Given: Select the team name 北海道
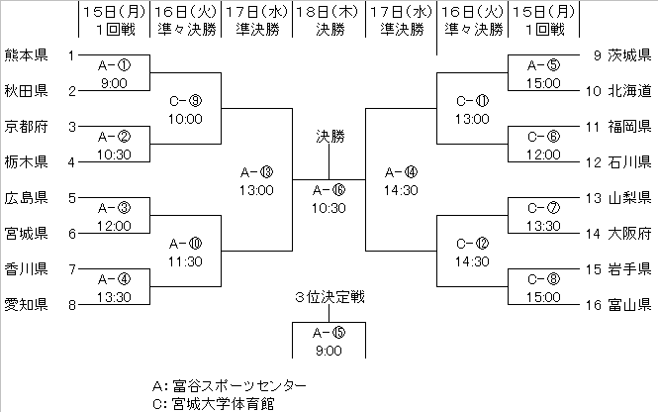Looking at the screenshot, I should point(630,91).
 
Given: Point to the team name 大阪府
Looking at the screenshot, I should point(630,234).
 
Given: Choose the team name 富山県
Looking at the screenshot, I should point(630,305).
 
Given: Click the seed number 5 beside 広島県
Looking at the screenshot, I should point(71,198).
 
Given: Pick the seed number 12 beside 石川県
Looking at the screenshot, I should point(589,162).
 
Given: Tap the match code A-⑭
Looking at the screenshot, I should point(401,171).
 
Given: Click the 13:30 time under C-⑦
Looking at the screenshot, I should point(541,225).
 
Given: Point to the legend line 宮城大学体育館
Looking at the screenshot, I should point(217,403).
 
